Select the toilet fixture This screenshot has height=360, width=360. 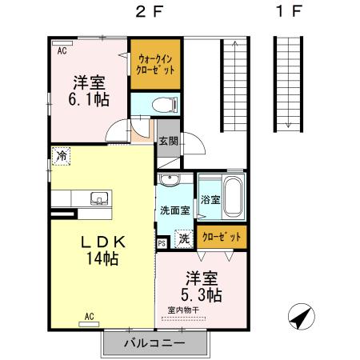158,103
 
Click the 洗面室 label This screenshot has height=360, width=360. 174,211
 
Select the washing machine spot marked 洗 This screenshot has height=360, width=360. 184,238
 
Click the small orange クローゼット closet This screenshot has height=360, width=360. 220,237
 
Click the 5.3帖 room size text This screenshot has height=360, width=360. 202,295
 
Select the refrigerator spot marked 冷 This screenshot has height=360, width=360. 62,157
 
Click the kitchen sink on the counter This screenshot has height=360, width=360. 100,198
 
